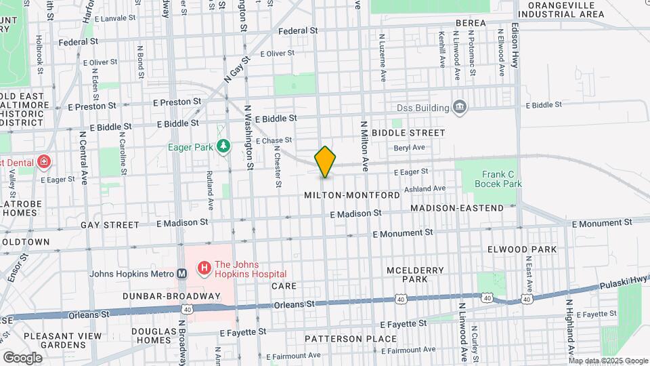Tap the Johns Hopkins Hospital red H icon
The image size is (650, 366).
(203, 268)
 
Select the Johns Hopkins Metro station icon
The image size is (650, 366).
(181, 274)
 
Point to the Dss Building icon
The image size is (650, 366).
(460, 107)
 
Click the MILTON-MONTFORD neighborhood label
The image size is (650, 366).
(351, 195)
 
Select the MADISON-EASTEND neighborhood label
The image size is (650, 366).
(457, 208)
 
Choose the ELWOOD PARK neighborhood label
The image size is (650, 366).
(522, 249)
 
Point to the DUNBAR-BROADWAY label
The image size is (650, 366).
(171, 296)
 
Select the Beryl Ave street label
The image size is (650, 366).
(409, 147)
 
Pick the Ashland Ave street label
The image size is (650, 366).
(425, 188)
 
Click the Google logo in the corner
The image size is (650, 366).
(22, 357)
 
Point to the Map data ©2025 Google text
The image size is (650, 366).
(608, 361)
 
